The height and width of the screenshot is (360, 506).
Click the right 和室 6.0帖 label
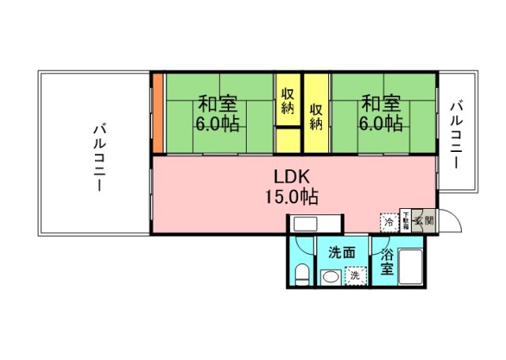click(382, 114)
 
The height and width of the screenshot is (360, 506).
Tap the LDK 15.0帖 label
click(296, 186)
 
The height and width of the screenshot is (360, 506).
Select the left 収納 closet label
click(288, 100)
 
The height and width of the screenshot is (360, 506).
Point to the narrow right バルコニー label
click(457, 134)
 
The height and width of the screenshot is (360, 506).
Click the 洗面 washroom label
click(342, 253)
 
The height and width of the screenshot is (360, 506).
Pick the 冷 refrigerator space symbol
click(389, 222)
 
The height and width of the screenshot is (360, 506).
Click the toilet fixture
click(301, 274)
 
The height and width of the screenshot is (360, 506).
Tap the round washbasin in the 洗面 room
click(330, 277)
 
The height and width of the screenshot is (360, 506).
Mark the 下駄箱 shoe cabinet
click(406, 221)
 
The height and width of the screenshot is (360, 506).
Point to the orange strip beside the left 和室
click(158, 113)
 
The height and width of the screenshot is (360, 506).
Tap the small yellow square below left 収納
click(288, 139)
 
